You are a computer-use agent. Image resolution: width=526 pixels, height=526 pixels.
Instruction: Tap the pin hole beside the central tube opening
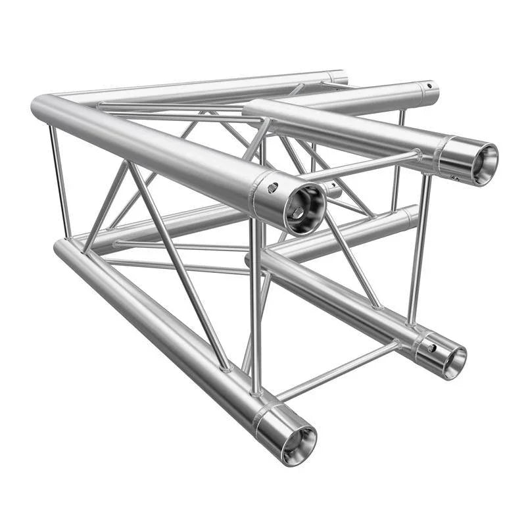click(272, 189)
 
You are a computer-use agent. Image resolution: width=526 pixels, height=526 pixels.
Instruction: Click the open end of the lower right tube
click(448, 359)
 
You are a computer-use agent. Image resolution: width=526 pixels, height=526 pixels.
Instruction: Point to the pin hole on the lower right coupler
click(432, 347)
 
